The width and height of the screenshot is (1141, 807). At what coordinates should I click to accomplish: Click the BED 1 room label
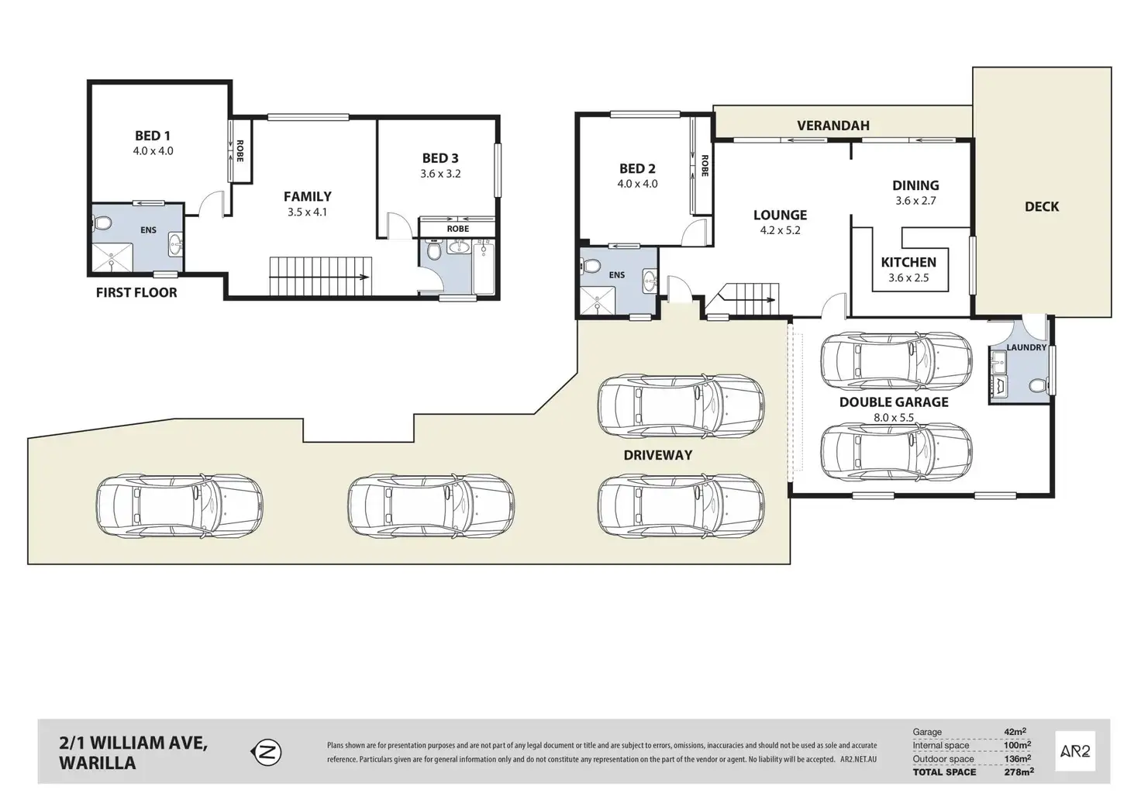click(152, 136)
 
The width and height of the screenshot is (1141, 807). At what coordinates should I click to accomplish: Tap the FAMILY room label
click(307, 197)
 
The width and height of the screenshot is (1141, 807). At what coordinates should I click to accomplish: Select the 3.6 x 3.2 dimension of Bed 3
click(440, 174)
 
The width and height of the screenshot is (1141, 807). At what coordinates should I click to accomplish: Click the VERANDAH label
click(833, 126)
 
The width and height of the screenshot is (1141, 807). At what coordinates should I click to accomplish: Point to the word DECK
click(1041, 207)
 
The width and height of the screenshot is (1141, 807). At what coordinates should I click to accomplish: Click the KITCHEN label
click(908, 262)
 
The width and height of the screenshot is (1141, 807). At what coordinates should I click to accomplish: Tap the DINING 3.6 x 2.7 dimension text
click(915, 201)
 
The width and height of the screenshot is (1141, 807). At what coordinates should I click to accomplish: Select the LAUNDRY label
click(1026, 347)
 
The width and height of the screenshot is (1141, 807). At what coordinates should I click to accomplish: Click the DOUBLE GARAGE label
click(894, 402)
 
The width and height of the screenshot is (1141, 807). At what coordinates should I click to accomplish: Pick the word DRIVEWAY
click(657, 455)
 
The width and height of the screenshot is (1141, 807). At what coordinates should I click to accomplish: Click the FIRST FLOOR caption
click(136, 292)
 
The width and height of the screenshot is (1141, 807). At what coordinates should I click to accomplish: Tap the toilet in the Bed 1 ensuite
click(102, 224)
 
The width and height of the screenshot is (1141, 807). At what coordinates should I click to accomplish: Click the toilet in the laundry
click(1036, 385)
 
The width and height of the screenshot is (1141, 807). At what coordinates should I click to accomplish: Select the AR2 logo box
click(1075, 750)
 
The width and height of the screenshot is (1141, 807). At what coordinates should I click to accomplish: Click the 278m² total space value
click(1018, 771)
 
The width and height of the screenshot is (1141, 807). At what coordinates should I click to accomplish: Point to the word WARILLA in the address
click(98, 763)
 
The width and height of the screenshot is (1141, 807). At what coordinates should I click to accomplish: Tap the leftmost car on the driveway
click(179, 505)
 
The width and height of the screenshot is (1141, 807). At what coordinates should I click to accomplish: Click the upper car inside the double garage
click(895, 360)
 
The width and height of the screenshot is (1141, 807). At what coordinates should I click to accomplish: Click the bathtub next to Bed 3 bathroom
click(483, 267)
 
